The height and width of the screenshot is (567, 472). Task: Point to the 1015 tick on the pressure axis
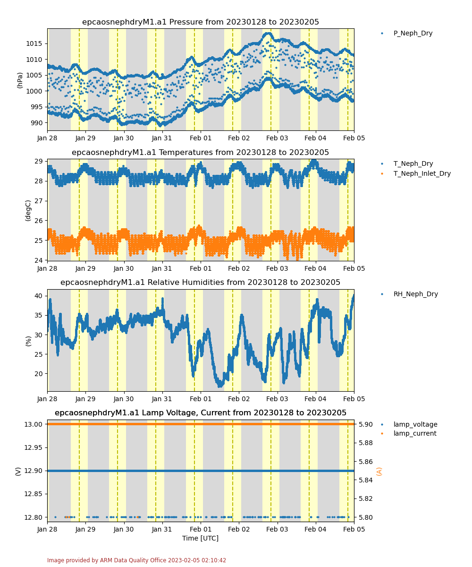coord(34,43)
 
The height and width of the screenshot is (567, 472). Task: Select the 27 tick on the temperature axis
coord(39,201)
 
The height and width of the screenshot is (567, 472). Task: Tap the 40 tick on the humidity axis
coord(39,296)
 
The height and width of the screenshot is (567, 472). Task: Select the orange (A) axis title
coord(379,471)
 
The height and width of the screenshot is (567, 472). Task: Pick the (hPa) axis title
coord(19,80)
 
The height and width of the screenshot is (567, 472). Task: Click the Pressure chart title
coord(201,22)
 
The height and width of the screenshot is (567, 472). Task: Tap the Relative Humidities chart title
coord(200,282)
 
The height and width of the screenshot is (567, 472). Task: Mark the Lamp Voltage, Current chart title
coord(201,412)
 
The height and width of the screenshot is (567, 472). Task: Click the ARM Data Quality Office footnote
coord(136,560)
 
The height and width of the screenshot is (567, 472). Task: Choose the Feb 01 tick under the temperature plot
coord(201,268)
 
